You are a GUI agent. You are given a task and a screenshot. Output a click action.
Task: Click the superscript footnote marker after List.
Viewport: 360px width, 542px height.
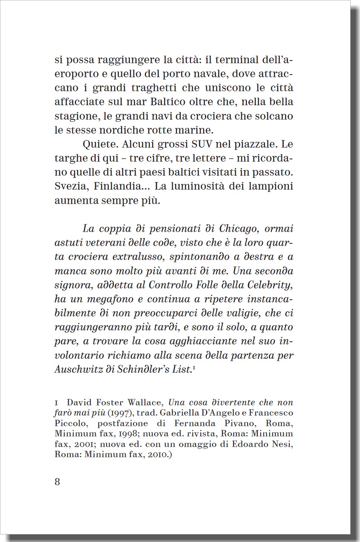[x=194, y=367]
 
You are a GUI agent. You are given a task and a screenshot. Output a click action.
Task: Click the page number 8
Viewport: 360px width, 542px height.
[x=57, y=482]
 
